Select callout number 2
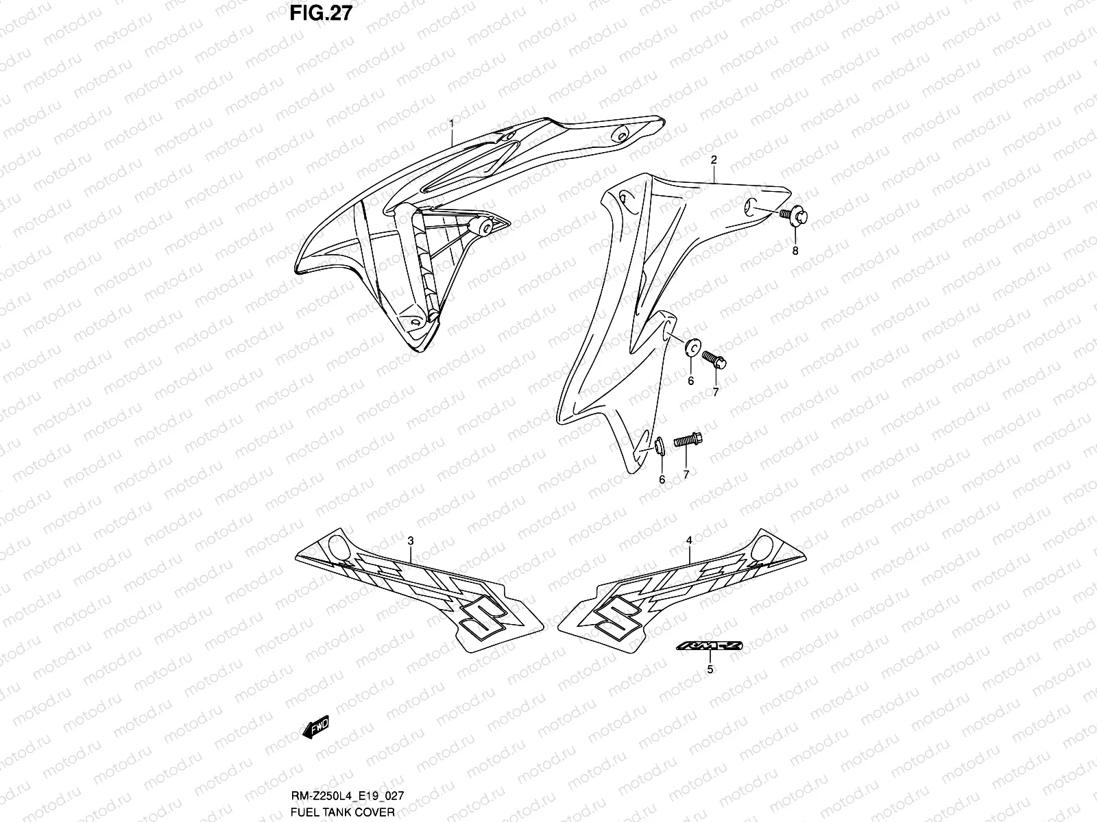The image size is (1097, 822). (714, 160)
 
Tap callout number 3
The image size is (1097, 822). (411, 541)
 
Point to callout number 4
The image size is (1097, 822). (689, 541)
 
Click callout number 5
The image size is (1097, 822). (710, 669)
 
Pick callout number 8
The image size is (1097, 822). (795, 251)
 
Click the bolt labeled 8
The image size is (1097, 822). (795, 216)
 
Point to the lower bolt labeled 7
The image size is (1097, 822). (688, 442)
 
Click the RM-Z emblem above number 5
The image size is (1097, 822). (710, 646)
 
